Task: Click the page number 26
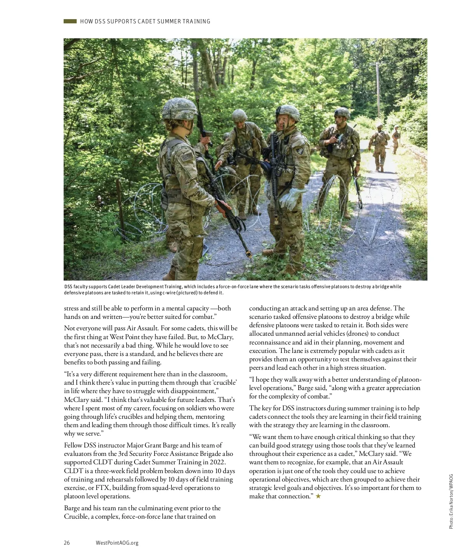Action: tap(67, 543)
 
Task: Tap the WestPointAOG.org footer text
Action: tap(117, 543)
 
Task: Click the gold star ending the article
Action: tap(318, 496)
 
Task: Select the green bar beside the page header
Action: tap(70, 21)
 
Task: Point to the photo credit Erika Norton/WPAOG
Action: tap(451, 501)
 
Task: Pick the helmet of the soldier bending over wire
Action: tap(240, 114)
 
